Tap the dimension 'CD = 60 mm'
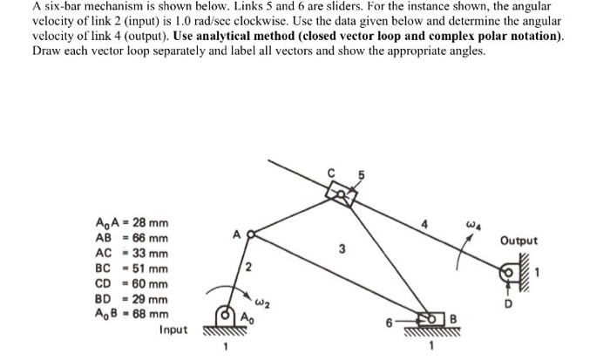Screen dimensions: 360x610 coord(131,283)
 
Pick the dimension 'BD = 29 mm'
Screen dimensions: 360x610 coord(131,298)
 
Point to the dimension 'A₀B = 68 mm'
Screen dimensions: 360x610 coord(131,314)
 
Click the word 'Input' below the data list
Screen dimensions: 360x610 coord(177,329)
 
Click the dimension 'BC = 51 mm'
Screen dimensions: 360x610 coord(131,268)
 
